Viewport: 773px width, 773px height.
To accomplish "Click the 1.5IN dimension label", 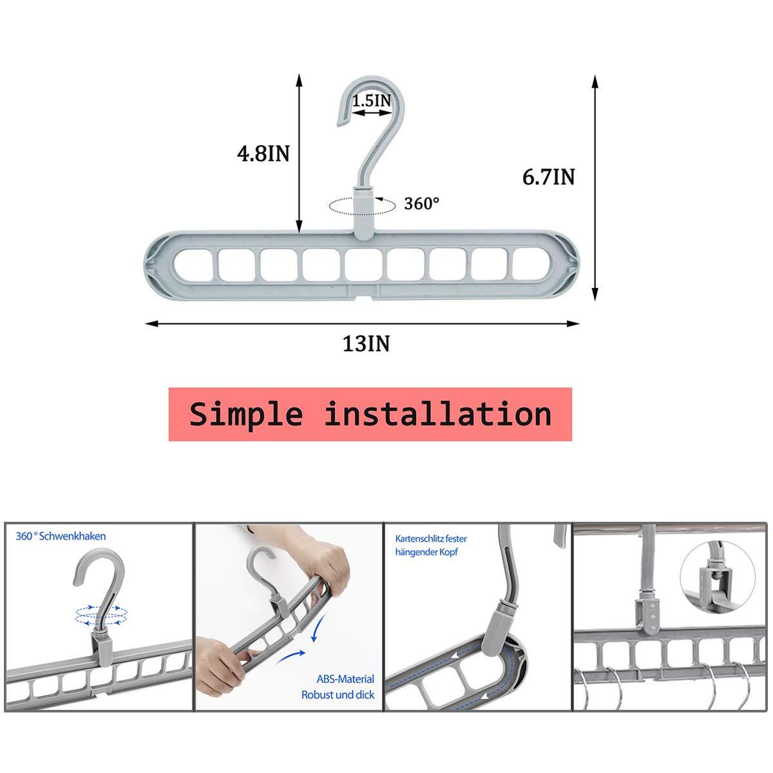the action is tap(372, 100).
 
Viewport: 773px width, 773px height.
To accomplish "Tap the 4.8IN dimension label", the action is tap(263, 153).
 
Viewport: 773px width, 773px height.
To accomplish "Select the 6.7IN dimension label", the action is tap(548, 177).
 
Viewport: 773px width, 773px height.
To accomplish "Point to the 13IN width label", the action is tap(367, 344).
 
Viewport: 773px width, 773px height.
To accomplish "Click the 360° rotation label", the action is tap(421, 204).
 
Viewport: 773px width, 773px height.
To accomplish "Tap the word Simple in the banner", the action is tap(246, 414).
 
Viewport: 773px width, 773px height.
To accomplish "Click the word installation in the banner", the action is tap(437, 414).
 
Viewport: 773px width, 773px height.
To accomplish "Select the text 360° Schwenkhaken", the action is tap(61, 537).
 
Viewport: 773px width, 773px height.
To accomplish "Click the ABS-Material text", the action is tap(345, 679).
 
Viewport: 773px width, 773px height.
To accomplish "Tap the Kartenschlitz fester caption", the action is tap(431, 539).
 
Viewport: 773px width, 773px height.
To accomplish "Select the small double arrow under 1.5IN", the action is tap(372, 113).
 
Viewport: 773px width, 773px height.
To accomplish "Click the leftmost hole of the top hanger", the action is tap(193, 265).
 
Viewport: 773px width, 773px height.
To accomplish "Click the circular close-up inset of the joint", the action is tap(718, 577).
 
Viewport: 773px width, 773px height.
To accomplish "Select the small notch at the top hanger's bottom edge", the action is tap(365, 297).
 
